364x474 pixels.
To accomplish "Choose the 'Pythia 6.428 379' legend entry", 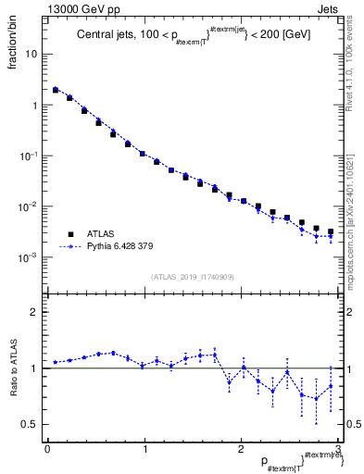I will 124,247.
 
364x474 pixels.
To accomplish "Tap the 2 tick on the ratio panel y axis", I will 36,312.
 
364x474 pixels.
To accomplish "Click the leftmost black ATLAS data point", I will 56,90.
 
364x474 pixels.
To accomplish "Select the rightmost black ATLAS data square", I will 331,231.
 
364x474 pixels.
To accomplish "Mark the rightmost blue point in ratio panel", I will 331,386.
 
